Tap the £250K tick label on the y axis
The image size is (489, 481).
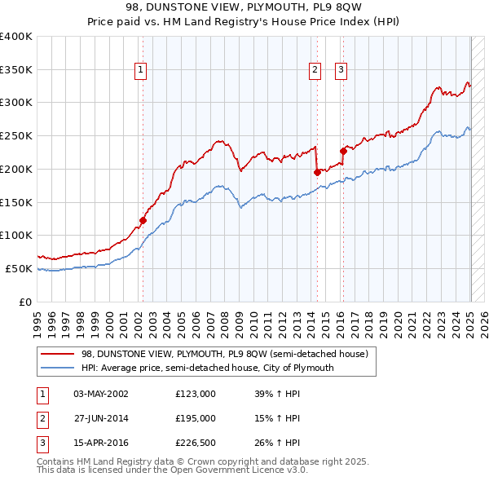(x=16, y=135)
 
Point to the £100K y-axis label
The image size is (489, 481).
(x=16, y=235)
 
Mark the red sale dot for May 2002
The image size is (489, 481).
(x=143, y=219)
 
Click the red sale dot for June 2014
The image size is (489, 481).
(x=317, y=172)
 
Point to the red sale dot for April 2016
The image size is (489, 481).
(x=343, y=151)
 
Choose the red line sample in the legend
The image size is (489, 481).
(x=57, y=354)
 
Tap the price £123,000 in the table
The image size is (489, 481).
(x=196, y=393)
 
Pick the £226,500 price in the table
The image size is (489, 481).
(x=196, y=443)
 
